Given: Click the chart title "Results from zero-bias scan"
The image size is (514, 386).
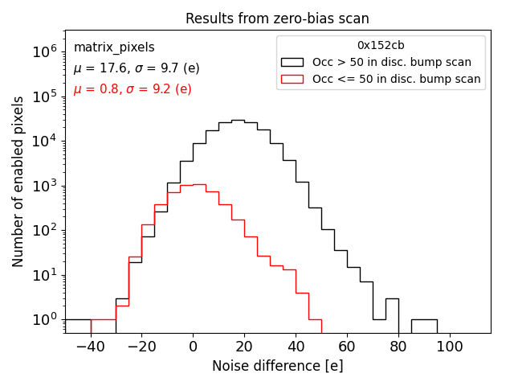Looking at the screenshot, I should pyautogui.click(x=277, y=18).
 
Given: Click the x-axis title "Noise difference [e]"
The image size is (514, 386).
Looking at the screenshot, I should pyautogui.click(x=277, y=366).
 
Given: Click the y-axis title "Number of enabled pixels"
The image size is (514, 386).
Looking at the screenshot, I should pyautogui.click(x=18, y=182).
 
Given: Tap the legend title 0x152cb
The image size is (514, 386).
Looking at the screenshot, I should pyautogui.click(x=381, y=45).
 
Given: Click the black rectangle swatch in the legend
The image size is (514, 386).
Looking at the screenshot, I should pyautogui.click(x=292, y=62).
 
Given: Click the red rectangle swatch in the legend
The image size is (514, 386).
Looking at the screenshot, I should pyautogui.click(x=292, y=79).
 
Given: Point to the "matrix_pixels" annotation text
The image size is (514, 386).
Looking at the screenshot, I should pyautogui.click(x=114, y=47).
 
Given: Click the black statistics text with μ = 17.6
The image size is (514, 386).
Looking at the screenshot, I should pyautogui.click(x=137, y=68).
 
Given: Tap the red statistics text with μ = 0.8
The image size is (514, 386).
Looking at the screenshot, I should pyautogui.click(x=133, y=88).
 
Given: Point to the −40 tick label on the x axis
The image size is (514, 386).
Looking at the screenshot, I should pyautogui.click(x=90, y=346).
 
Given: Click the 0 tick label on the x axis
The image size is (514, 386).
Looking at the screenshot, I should pyautogui.click(x=193, y=346).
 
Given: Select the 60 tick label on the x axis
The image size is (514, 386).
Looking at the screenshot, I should pyautogui.click(x=347, y=346).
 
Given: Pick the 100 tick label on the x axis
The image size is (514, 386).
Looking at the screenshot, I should pyautogui.click(x=450, y=346).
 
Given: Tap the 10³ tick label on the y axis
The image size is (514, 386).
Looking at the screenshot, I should pyautogui.click(x=42, y=186).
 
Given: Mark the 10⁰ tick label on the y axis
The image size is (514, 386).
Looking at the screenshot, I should pyautogui.click(x=42, y=319).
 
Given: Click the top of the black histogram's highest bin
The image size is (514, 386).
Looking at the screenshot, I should pyautogui.click(x=238, y=120).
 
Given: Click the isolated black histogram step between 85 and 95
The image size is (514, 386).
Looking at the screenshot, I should pyautogui.click(x=424, y=319).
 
